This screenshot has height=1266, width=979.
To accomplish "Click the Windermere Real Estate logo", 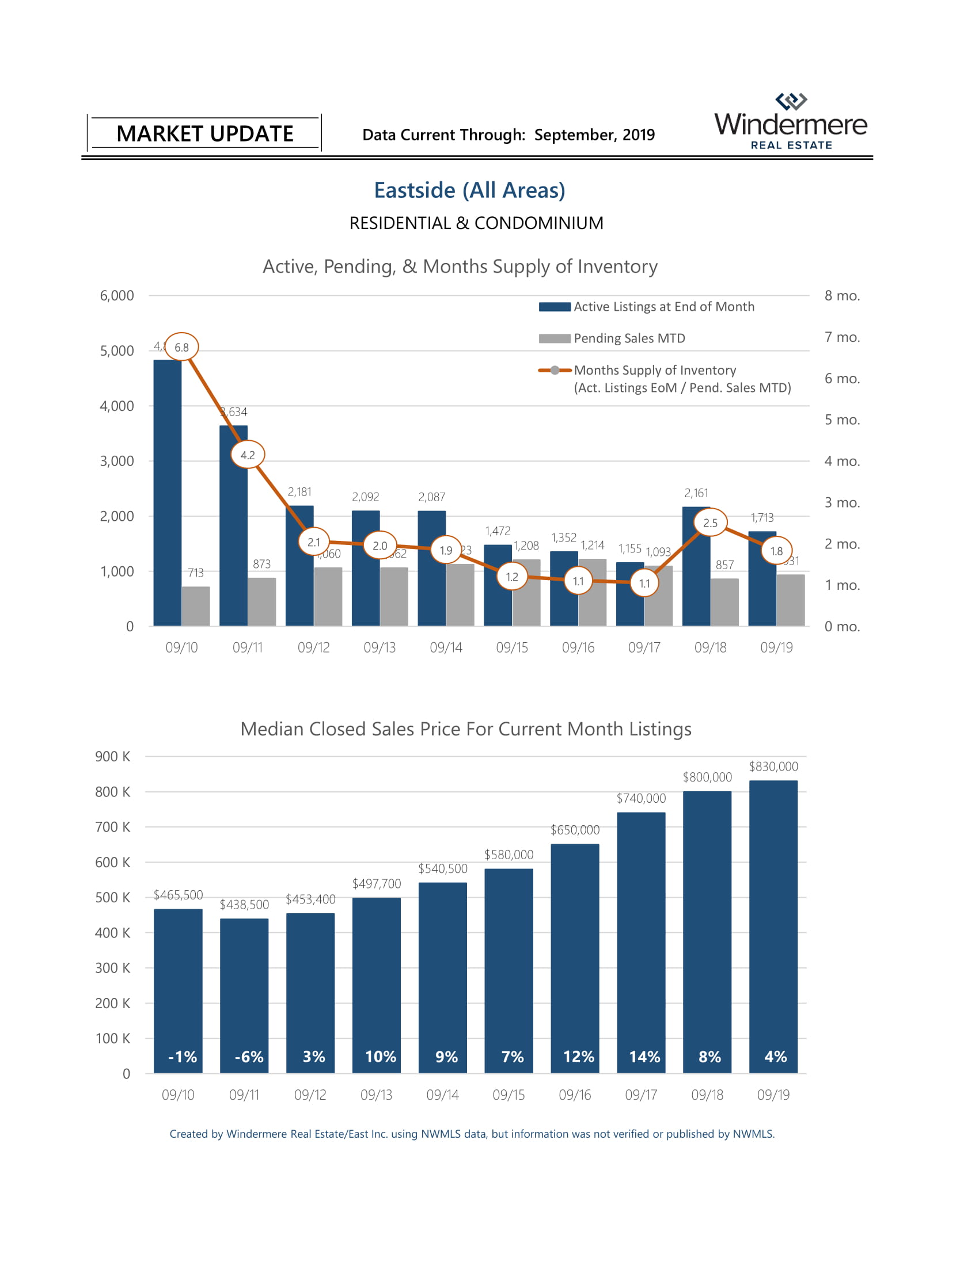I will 791,122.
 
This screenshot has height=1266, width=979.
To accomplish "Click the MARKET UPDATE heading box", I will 205,134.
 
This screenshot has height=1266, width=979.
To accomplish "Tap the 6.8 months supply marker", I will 181,347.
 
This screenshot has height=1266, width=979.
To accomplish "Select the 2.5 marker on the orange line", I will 710,523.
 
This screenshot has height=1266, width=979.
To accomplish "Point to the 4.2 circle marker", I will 248,455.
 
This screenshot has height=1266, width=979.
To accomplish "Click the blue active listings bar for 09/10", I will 168,493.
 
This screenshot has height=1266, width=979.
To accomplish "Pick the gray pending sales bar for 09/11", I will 262,601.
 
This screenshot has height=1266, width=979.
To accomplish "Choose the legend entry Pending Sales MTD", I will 629,338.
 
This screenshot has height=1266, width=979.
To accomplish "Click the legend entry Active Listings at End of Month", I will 663,307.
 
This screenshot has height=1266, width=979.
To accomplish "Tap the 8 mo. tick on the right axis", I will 842,296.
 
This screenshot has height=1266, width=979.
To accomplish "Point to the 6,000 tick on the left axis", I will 116,296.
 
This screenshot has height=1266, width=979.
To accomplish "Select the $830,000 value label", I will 773,767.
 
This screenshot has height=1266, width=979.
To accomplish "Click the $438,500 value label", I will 244,904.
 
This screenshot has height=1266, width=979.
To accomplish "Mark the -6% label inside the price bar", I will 249,1057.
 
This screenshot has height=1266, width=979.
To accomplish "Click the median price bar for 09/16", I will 575,956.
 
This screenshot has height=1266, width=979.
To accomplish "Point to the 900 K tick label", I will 112,757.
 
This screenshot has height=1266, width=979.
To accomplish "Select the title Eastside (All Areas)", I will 469,190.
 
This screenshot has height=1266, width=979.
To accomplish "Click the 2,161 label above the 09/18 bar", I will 696,493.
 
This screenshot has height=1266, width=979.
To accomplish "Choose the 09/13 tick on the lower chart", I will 377,1095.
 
